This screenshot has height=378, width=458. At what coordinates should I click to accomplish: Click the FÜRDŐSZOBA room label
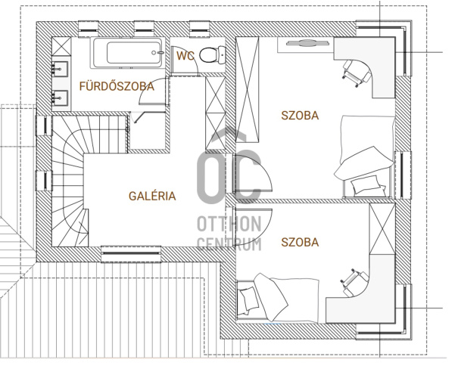(117, 86)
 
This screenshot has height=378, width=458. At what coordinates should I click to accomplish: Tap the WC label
(185, 56)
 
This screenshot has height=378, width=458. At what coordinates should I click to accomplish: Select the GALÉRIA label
(152, 196)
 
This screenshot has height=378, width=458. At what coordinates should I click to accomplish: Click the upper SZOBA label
(300, 116)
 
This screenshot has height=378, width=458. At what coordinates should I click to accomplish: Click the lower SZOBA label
(300, 243)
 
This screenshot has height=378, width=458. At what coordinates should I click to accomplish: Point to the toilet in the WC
(213, 55)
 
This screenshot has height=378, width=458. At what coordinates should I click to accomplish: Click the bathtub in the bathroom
(127, 53)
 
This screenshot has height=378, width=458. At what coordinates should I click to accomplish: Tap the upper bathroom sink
(61, 69)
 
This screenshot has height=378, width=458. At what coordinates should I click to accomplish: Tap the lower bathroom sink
(61, 98)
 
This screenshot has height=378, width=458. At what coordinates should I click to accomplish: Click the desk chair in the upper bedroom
(357, 73)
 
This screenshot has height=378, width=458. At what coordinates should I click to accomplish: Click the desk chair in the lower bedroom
(354, 282)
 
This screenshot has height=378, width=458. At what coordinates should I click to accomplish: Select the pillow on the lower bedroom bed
(248, 299)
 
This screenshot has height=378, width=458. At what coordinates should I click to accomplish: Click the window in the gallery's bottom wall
(131, 254)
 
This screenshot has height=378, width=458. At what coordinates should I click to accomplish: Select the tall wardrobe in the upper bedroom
(248, 89)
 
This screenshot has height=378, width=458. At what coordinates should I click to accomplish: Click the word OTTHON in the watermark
(229, 225)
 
